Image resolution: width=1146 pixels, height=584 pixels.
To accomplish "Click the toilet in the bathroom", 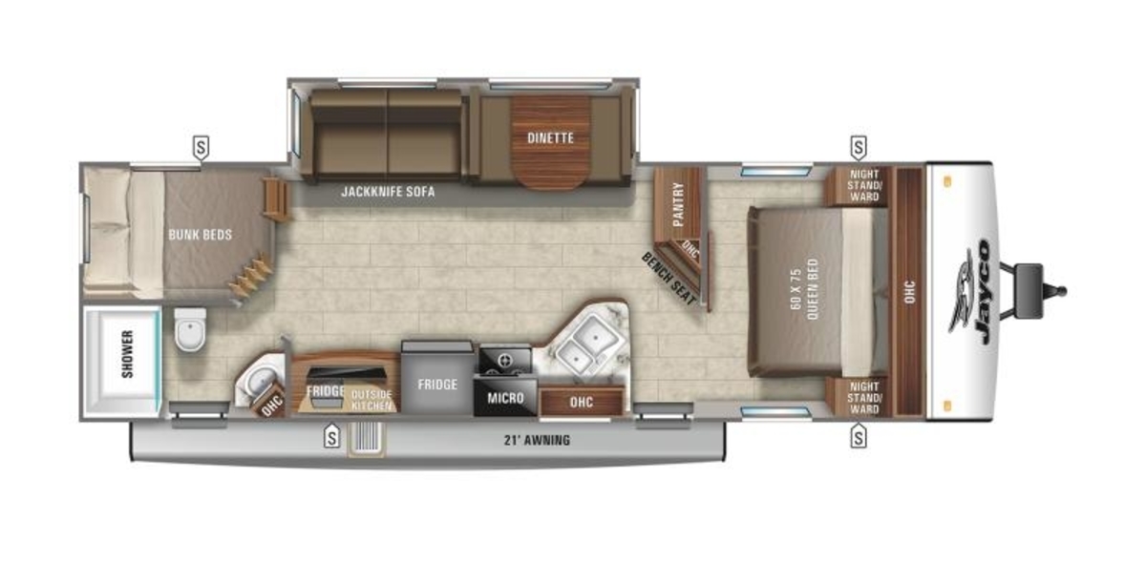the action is [190, 329].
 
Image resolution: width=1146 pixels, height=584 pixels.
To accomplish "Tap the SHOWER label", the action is [127, 354].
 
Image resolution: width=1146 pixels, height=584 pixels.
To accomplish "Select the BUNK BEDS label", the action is [200, 235].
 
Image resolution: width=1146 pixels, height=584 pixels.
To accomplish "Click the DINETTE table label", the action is [550, 138].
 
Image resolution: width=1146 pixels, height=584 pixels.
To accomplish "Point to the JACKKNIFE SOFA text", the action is [388, 192].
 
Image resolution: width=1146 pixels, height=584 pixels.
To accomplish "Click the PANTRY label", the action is [678, 204].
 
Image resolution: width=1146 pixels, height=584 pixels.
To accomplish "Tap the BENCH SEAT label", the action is [669, 279].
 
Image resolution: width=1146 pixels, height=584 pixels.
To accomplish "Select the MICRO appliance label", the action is [505, 398].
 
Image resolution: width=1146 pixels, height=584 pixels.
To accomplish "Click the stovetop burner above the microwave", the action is [505, 361].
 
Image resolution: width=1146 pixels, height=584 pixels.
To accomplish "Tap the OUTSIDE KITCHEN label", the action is [371, 400].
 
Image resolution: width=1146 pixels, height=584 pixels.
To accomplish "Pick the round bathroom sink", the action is [261, 381].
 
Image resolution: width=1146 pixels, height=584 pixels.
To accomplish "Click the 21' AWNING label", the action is [537, 440].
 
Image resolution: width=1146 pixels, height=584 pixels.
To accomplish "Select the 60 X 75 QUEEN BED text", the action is [805, 289].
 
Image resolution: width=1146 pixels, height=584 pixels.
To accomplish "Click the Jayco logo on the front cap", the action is [972, 292].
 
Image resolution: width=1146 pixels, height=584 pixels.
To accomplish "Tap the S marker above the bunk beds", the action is [202, 148].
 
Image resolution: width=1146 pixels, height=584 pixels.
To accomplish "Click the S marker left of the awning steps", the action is [332, 437].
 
